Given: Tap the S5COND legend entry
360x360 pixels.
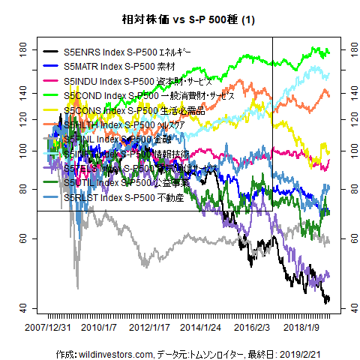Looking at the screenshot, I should [139, 96].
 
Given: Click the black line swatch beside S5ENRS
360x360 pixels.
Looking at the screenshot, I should [52, 52].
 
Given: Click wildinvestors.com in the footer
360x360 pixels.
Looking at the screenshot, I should [114, 352].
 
